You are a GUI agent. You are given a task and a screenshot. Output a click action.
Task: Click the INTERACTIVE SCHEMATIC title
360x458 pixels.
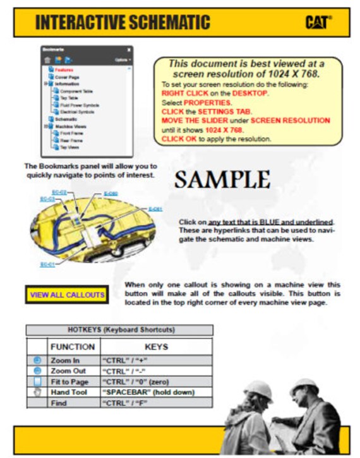point(123,22)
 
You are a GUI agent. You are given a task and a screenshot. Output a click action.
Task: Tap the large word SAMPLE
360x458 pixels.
point(222,180)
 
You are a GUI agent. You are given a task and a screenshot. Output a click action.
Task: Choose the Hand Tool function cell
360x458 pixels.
point(71,392)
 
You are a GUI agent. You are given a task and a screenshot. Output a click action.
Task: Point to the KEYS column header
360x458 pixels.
point(156,346)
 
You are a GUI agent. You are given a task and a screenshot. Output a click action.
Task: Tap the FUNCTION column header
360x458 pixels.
point(73,346)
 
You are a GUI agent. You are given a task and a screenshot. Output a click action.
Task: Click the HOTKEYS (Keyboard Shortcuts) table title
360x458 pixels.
point(119,330)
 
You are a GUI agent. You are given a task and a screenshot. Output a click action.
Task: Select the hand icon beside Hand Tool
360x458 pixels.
point(37,392)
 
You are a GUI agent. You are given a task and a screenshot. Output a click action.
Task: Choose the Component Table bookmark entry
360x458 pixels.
point(75,91)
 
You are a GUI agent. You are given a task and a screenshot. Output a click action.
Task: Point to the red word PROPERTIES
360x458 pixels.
point(208,102)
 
